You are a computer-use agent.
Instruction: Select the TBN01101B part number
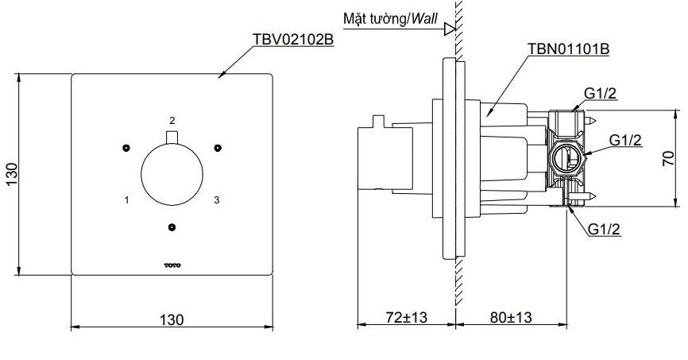[568, 49]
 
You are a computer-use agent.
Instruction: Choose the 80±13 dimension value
[509, 317]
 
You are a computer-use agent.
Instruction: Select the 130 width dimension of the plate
[171, 319]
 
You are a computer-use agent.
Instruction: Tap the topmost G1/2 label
[601, 94]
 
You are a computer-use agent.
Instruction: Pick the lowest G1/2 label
[605, 229]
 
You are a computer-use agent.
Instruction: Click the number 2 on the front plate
[171, 120]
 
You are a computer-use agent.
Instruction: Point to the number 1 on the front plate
[126, 200]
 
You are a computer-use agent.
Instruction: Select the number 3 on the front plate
[215, 200]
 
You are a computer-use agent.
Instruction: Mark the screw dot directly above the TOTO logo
[171, 228]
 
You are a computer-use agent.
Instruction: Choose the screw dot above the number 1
[126, 148]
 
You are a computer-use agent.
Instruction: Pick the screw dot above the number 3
[216, 148]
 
